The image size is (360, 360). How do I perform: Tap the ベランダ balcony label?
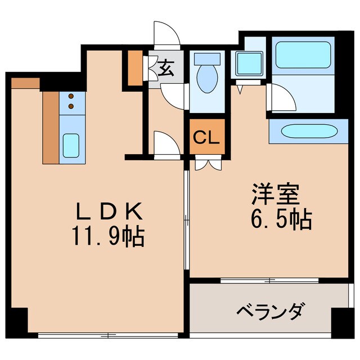click(271, 310)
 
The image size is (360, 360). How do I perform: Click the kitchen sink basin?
click(71, 145)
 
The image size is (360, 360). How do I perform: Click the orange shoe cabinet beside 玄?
click(134, 68)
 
